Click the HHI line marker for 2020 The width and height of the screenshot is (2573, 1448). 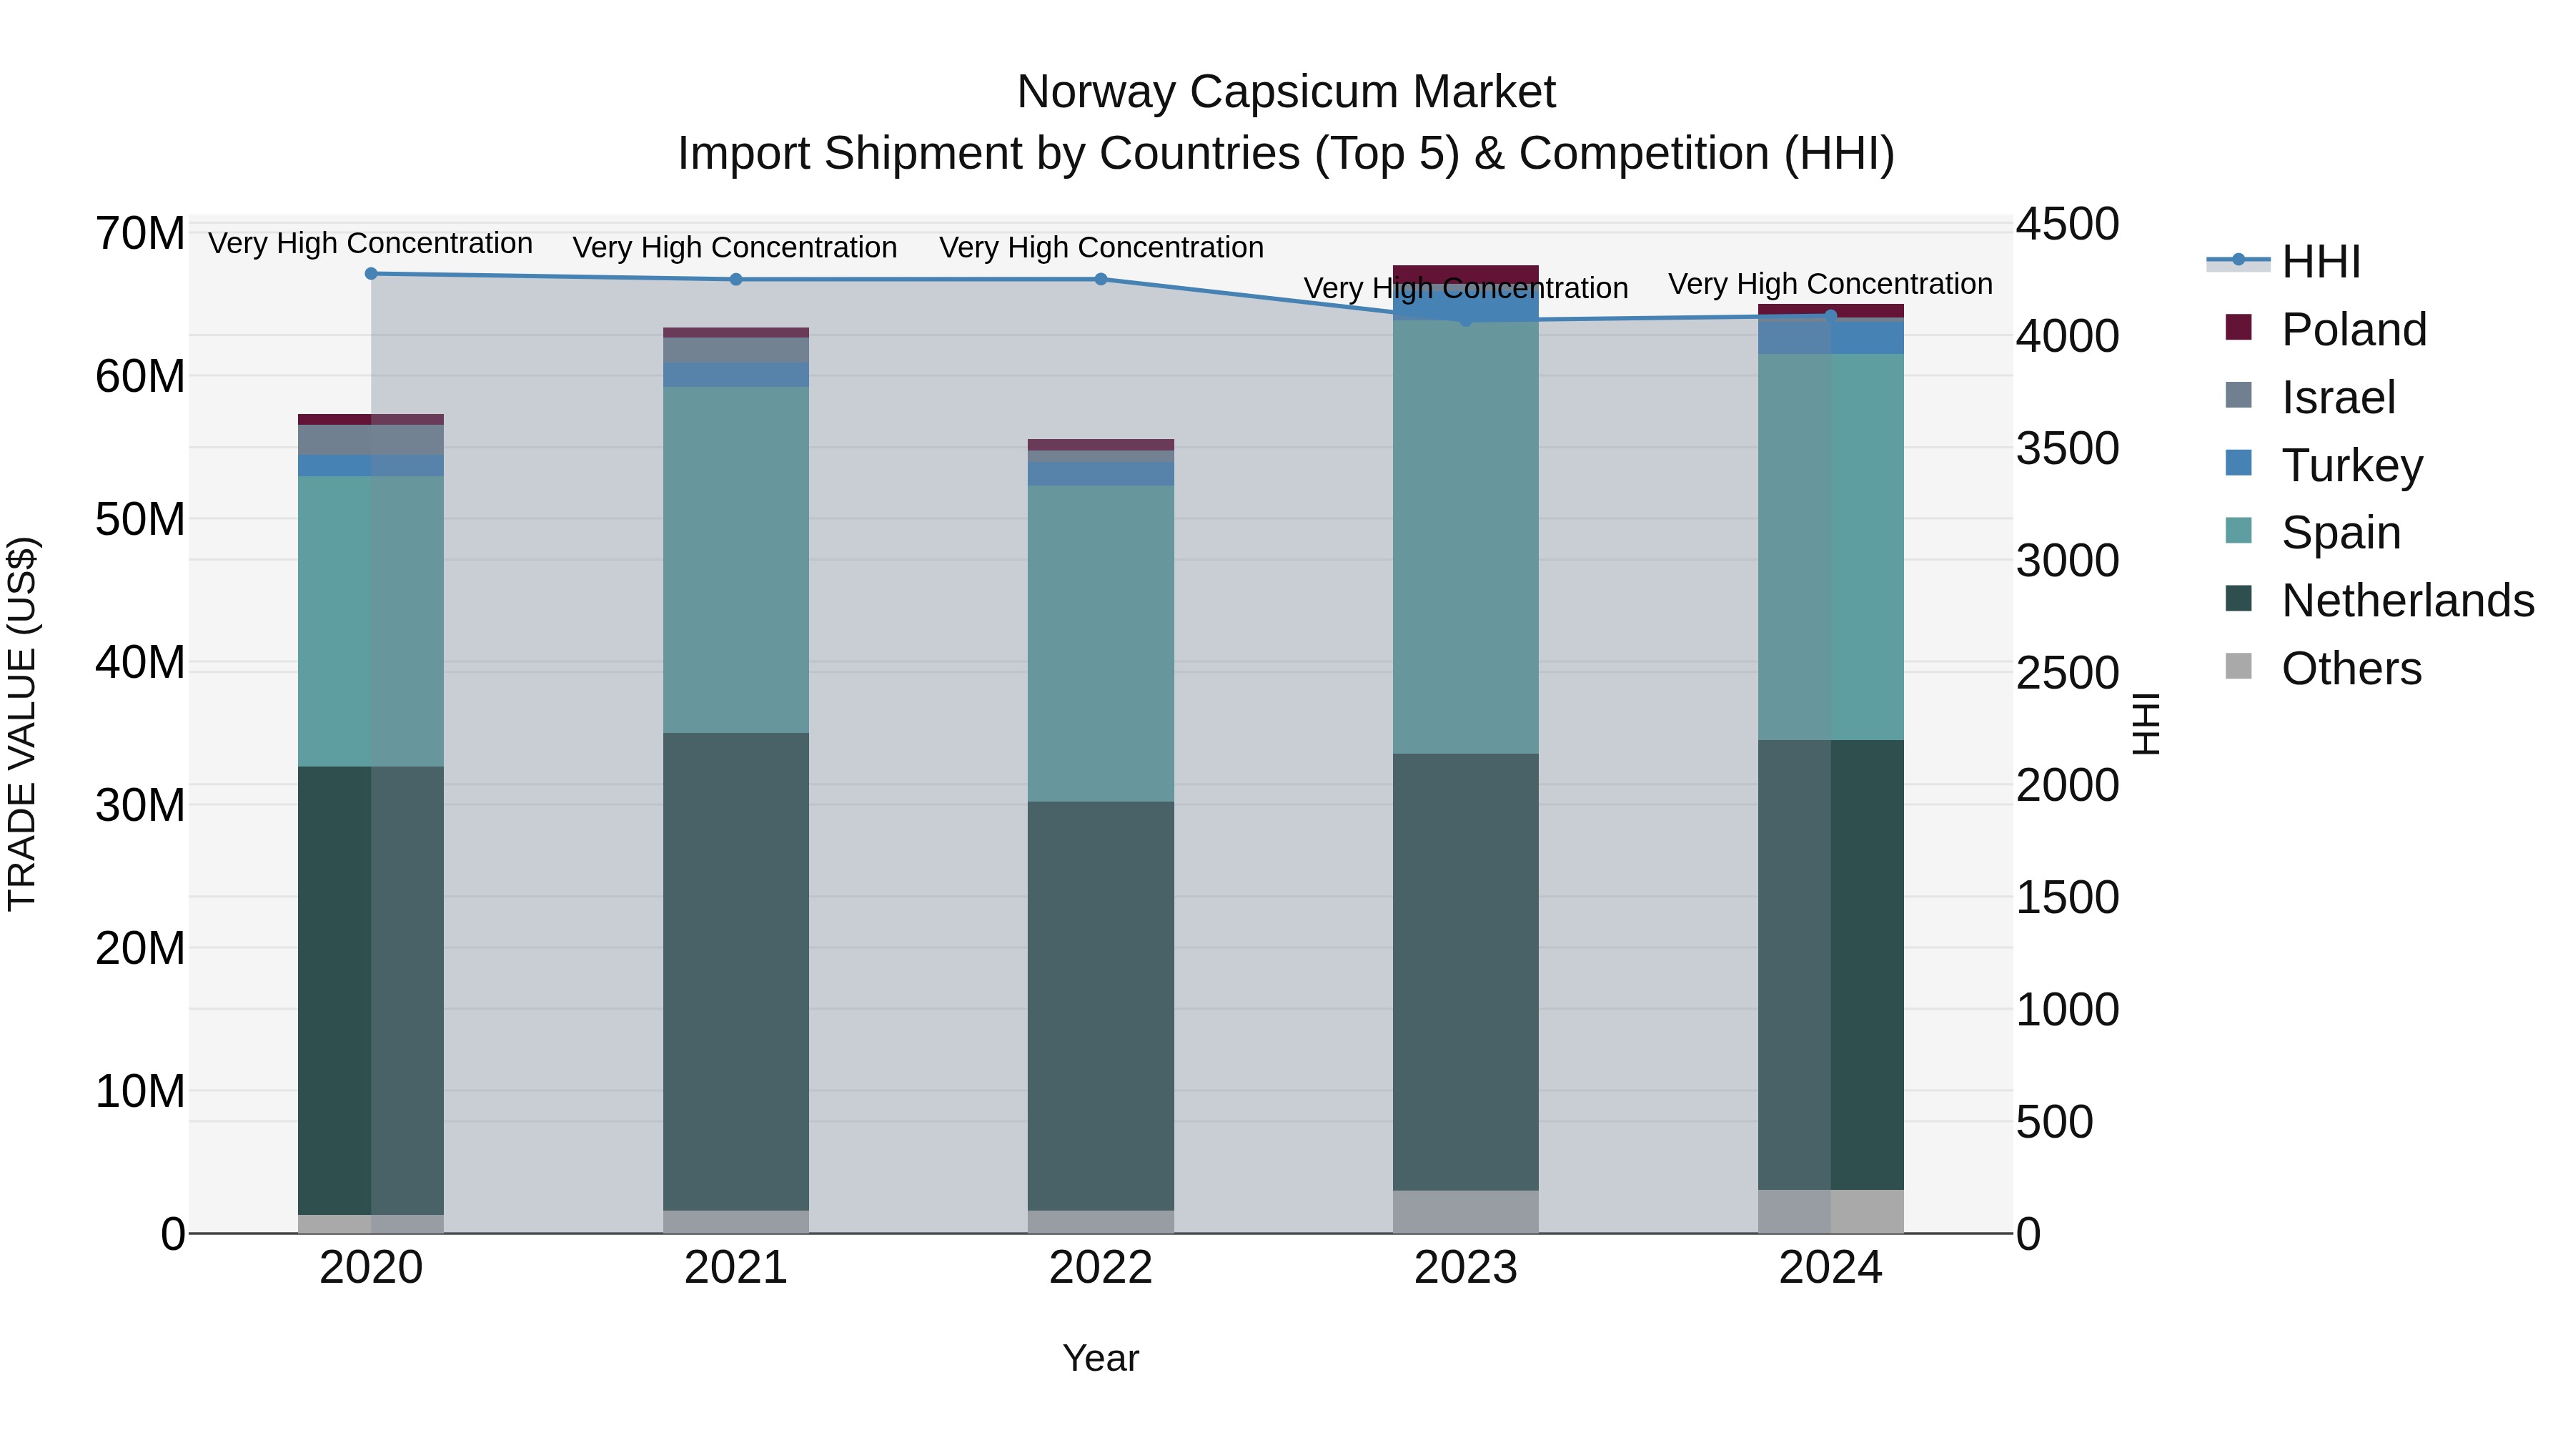click(x=370, y=273)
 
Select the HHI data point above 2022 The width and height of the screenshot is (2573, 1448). click(x=1101, y=279)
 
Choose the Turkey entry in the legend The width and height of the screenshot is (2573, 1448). click(x=2351, y=466)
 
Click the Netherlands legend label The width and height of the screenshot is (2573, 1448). click(x=2406, y=601)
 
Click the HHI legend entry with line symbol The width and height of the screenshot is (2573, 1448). click(x=2319, y=262)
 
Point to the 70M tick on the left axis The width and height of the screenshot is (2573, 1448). click(x=140, y=234)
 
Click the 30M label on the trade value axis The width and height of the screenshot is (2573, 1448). click(x=140, y=805)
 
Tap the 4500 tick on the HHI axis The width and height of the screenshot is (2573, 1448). click(x=2066, y=224)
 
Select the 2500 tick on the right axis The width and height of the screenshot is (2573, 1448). click(x=2066, y=673)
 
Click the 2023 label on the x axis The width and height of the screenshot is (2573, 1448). click(x=1465, y=1268)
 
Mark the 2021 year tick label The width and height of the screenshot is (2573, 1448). click(x=735, y=1268)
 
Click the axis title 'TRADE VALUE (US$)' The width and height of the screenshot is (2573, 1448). click(x=22, y=724)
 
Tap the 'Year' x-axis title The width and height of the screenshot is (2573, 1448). click(x=1100, y=1358)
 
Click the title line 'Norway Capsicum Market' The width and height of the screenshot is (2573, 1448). click(x=1286, y=92)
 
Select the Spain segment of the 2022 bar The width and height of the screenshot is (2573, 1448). click(x=1101, y=643)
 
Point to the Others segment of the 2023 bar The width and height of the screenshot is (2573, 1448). click(x=1465, y=1211)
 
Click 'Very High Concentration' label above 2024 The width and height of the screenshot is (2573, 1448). click(x=1830, y=284)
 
